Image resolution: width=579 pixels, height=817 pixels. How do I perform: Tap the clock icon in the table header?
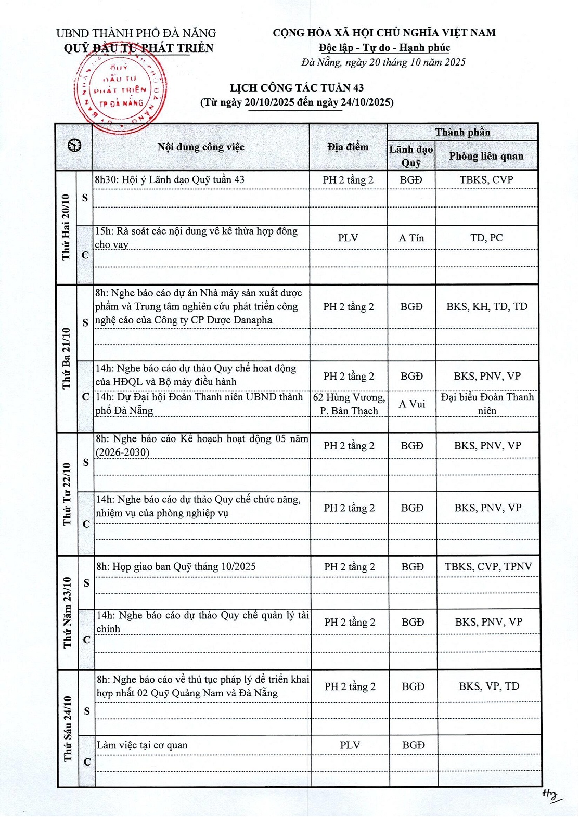point(74,146)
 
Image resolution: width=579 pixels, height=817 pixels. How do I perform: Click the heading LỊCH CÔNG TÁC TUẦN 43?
point(297,88)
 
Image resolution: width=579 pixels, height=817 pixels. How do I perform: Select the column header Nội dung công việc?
point(201,147)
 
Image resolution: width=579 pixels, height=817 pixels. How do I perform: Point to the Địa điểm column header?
point(348,147)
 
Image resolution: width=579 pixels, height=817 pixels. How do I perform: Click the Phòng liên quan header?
point(486,156)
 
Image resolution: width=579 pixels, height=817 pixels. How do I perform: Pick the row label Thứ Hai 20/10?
point(66,227)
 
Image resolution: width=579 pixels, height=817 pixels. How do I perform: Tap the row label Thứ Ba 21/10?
point(67,358)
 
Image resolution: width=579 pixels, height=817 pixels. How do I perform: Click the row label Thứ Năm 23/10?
point(68,612)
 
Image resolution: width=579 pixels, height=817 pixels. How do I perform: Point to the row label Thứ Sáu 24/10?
point(68,728)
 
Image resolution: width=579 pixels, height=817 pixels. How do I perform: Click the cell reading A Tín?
point(411,238)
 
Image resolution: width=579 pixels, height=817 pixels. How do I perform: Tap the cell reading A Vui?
point(412,404)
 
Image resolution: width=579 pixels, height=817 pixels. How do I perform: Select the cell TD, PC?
point(486,238)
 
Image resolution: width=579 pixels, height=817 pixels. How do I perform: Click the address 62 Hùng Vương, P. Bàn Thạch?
point(349,404)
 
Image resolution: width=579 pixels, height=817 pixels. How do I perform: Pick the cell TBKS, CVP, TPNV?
point(488,566)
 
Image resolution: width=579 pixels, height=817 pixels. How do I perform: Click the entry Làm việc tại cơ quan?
point(142,745)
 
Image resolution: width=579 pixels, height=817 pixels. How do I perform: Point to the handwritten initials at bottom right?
point(550,794)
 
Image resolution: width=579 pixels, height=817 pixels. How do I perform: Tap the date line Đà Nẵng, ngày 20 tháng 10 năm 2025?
point(383,62)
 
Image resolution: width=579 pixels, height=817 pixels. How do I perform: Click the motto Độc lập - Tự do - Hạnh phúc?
point(384,48)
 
